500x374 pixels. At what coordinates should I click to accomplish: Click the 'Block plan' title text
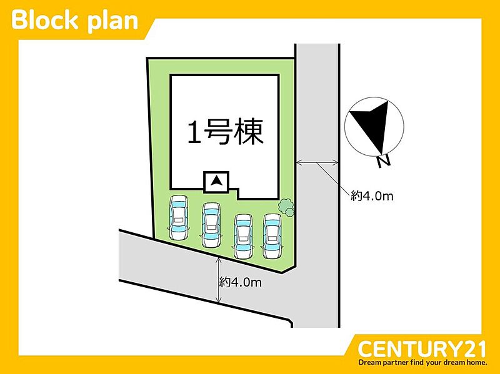click(x=74, y=21)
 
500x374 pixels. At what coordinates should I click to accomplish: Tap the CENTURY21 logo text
click(x=422, y=349)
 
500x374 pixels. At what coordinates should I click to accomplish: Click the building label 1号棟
click(x=226, y=132)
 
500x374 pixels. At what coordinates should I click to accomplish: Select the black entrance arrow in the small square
click(x=217, y=181)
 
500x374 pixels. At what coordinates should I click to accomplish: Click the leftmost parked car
click(x=179, y=218)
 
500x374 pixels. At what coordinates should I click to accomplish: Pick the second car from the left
click(x=211, y=225)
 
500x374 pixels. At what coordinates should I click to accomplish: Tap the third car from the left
click(x=244, y=236)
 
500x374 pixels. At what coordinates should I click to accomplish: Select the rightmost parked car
click(x=272, y=236)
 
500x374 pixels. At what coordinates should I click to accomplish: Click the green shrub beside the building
click(x=286, y=207)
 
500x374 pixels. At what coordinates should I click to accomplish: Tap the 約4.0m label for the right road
click(x=372, y=196)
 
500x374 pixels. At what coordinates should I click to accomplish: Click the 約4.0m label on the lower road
click(x=241, y=282)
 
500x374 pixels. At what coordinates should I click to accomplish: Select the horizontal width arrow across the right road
click(x=317, y=163)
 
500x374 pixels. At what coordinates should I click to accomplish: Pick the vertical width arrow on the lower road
click(x=218, y=280)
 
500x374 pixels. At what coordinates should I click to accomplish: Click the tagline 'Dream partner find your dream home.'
click(x=422, y=363)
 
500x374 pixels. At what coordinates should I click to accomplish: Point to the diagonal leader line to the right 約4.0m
click(x=334, y=179)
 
